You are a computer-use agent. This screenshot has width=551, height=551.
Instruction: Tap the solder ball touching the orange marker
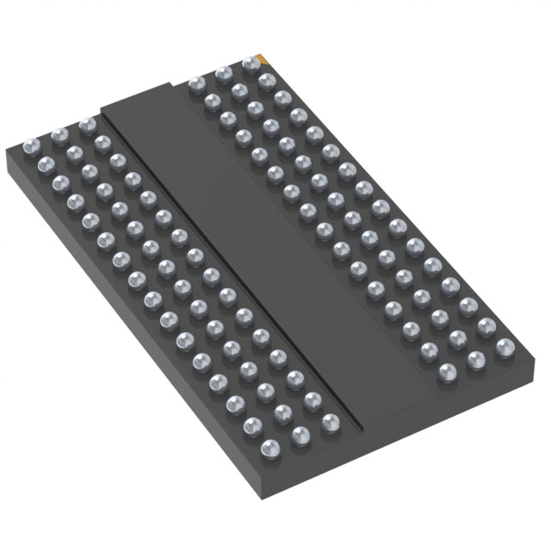(251, 63)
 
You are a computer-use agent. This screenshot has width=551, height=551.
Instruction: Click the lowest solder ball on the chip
(270, 448)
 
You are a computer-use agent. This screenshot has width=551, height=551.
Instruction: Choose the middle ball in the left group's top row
(59, 134)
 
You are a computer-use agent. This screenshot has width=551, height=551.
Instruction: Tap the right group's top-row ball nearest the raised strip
(195, 84)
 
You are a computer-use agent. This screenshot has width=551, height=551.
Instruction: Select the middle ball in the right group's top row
(223, 73)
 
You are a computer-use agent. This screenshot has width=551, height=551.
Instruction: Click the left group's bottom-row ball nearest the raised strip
(329, 423)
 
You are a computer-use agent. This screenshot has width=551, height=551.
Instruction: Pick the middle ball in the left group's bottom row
(300, 435)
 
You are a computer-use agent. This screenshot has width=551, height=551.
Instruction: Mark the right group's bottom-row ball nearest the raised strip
(448, 371)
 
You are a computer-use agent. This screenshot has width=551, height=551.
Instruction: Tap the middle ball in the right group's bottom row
(476, 359)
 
